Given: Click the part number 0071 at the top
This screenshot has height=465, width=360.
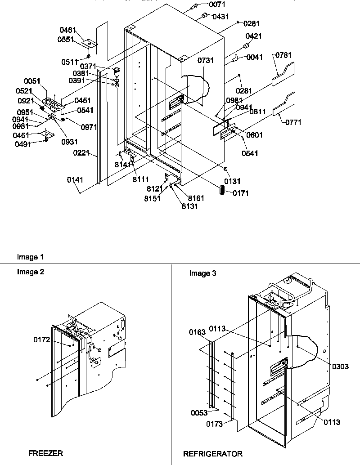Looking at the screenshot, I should pyautogui.click(x=217, y=4).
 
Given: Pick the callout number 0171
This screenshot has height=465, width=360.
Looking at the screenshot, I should pyautogui.click(x=240, y=193).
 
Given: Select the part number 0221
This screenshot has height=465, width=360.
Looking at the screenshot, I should pyautogui.click(x=81, y=153).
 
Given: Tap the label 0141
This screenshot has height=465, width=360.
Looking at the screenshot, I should pyautogui.click(x=75, y=180).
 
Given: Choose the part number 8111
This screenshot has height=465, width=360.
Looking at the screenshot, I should pyautogui.click(x=140, y=179).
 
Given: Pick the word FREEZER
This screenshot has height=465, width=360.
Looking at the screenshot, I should pyautogui.click(x=45, y=453).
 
